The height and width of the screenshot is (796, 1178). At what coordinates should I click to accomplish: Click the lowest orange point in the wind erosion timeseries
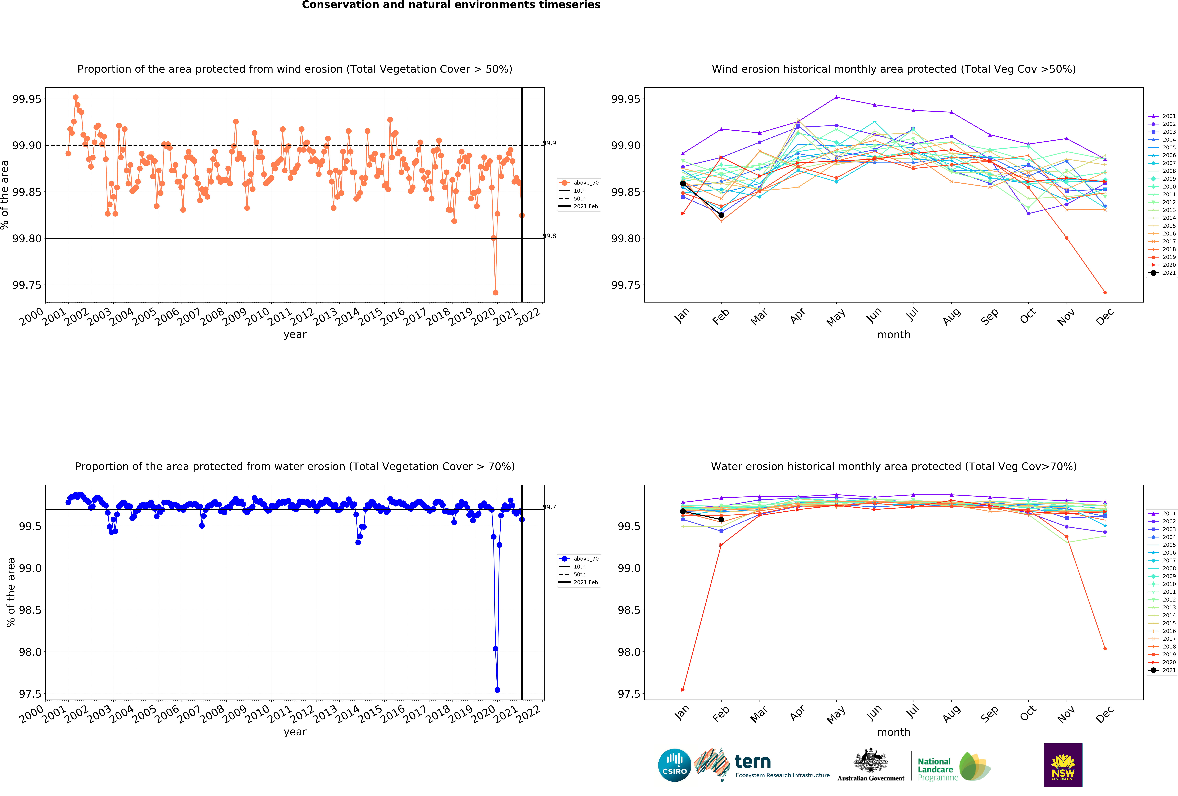495,292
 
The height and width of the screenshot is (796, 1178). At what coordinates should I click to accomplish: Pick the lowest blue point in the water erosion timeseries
497,690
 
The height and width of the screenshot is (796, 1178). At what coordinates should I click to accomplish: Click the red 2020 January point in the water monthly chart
683,690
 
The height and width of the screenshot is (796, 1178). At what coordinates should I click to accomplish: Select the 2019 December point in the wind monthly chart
1105,292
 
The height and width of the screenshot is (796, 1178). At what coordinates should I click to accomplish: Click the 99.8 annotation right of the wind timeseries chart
549,236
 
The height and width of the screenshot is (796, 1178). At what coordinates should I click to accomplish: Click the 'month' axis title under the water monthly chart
894,732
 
